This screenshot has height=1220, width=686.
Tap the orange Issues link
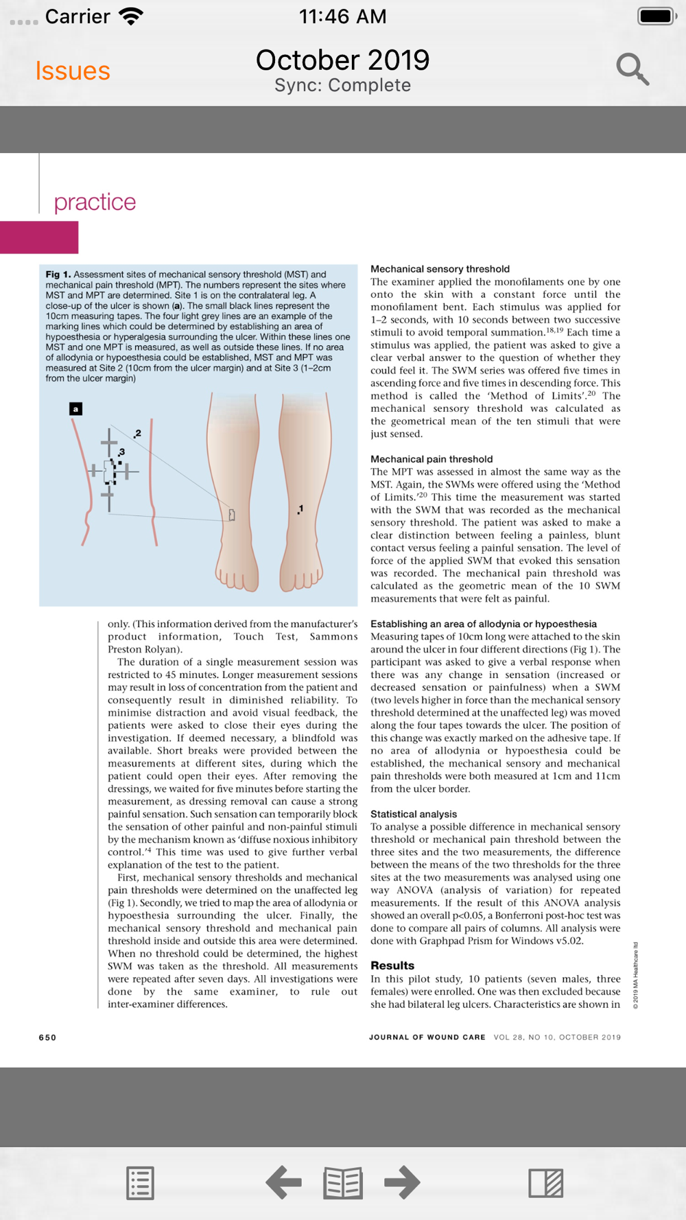(73, 71)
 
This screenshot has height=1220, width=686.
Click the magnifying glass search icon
(632, 69)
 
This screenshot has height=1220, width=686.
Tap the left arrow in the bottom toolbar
(283, 1182)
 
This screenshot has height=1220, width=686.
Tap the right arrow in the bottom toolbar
(402, 1182)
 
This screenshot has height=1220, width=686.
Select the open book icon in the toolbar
(343, 1183)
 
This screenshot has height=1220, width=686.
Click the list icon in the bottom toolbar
(140, 1183)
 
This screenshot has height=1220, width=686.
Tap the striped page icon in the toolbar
(546, 1183)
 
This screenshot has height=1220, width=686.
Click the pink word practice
(95, 202)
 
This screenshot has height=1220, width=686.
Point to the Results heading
(392, 965)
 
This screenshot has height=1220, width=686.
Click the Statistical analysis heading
(414, 814)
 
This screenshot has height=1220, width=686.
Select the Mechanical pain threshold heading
(431, 459)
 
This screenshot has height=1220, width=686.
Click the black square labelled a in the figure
(76, 409)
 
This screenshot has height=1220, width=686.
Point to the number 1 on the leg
(300, 508)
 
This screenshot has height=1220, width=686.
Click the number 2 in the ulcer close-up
(138, 433)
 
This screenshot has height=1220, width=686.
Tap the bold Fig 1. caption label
(58, 274)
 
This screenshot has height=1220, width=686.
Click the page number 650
(47, 1037)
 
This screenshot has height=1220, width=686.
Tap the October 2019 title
(342, 60)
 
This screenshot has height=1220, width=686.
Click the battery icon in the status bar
(657, 16)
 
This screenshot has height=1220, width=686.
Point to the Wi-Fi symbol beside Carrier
(130, 16)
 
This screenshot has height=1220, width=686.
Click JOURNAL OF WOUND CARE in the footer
(427, 1037)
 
